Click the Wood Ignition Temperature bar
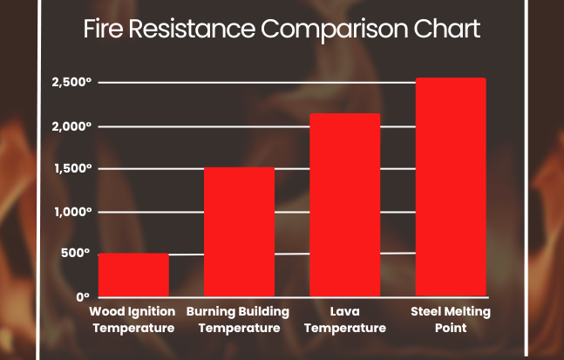tap(133, 275)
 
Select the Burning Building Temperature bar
tap(239, 231)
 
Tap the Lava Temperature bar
tap(345, 205)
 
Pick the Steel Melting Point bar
tap(451, 187)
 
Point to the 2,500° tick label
tap(71, 83)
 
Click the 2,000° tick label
tap(71, 126)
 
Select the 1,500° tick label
tap(71, 168)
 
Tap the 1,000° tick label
tap(71, 212)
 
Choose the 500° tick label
tap(75, 254)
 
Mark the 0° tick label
tap(83, 297)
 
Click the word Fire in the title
tap(103, 31)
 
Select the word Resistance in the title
tap(192, 31)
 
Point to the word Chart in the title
tap(449, 31)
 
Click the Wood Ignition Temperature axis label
tap(133, 320)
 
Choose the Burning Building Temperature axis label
tap(239, 320)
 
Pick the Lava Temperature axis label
tap(345, 320)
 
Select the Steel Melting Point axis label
tap(451, 320)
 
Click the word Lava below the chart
tap(345, 311)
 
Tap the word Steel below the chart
tap(427, 311)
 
